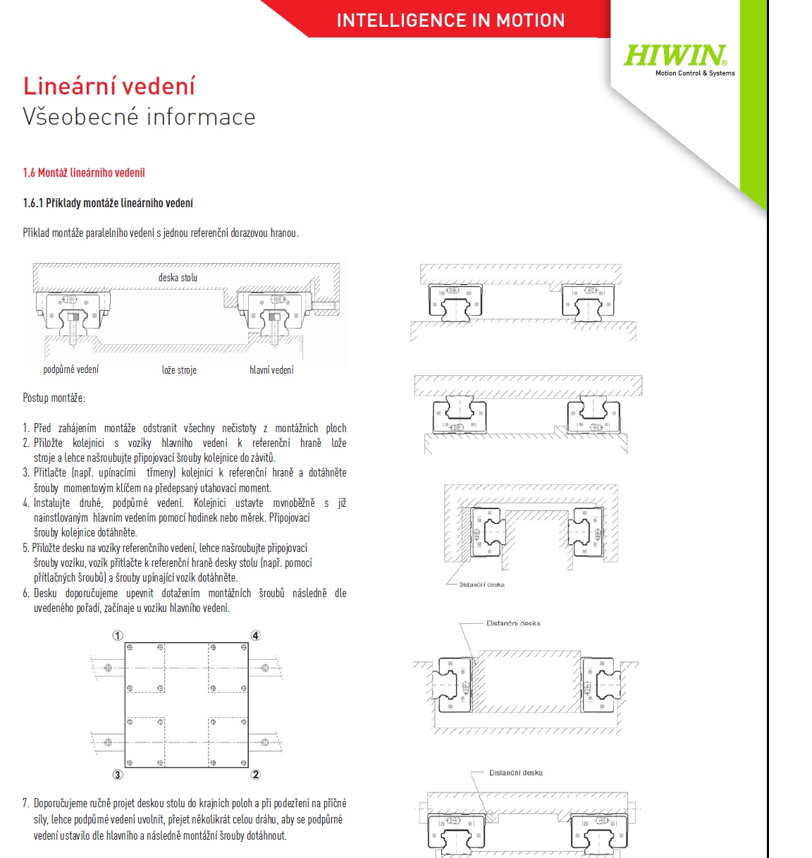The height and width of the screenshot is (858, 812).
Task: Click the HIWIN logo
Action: click(675, 56)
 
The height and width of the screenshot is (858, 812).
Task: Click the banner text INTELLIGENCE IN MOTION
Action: click(450, 20)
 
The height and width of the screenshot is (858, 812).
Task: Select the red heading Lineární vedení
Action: click(109, 86)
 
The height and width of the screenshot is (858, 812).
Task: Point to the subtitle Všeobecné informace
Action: click(139, 117)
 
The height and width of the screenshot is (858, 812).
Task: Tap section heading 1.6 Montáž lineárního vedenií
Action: click(84, 173)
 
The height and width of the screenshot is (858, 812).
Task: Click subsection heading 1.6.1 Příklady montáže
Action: click(108, 203)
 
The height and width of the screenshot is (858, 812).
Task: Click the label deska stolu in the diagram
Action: click(178, 278)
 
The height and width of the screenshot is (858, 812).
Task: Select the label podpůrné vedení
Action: click(71, 369)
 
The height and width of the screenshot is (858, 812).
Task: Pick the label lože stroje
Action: click(179, 369)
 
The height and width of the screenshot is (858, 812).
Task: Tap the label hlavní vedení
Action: click(271, 369)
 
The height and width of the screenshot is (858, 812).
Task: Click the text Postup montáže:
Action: click(54, 398)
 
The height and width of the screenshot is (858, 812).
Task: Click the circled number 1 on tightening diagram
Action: click(118, 636)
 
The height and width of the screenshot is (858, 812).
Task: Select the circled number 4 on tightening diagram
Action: click(255, 636)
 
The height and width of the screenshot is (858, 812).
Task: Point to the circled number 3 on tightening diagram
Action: click(118, 774)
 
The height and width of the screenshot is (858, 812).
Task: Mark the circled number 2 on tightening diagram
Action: click(255, 774)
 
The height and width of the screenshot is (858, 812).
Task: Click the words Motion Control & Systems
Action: click(695, 73)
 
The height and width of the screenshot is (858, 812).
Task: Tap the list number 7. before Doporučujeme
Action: click(26, 803)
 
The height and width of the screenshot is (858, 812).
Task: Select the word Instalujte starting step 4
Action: click(51, 503)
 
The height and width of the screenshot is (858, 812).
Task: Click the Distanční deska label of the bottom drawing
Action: click(516, 773)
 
